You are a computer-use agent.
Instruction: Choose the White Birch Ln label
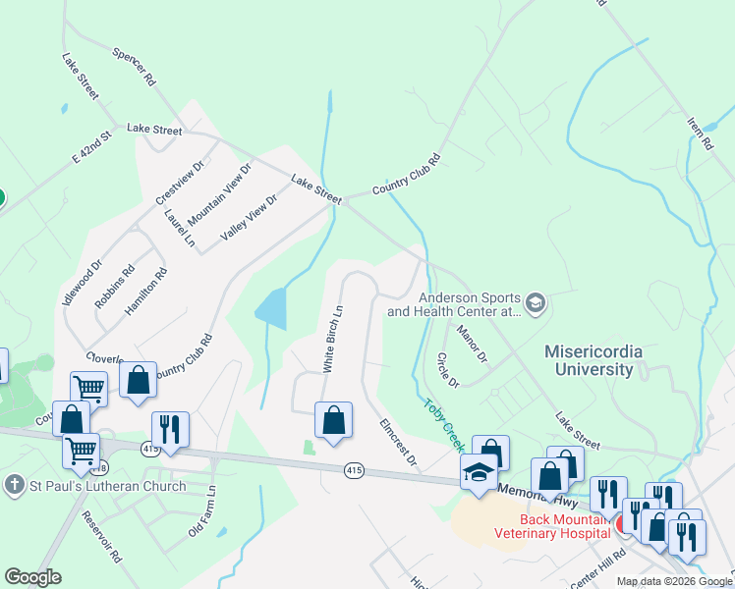333,339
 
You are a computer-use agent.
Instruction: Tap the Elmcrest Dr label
398,443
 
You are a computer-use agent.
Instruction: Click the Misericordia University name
590,360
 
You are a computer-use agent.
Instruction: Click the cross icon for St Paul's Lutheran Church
14,486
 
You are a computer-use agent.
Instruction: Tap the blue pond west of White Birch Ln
271,308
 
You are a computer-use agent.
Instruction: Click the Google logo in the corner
32,577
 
